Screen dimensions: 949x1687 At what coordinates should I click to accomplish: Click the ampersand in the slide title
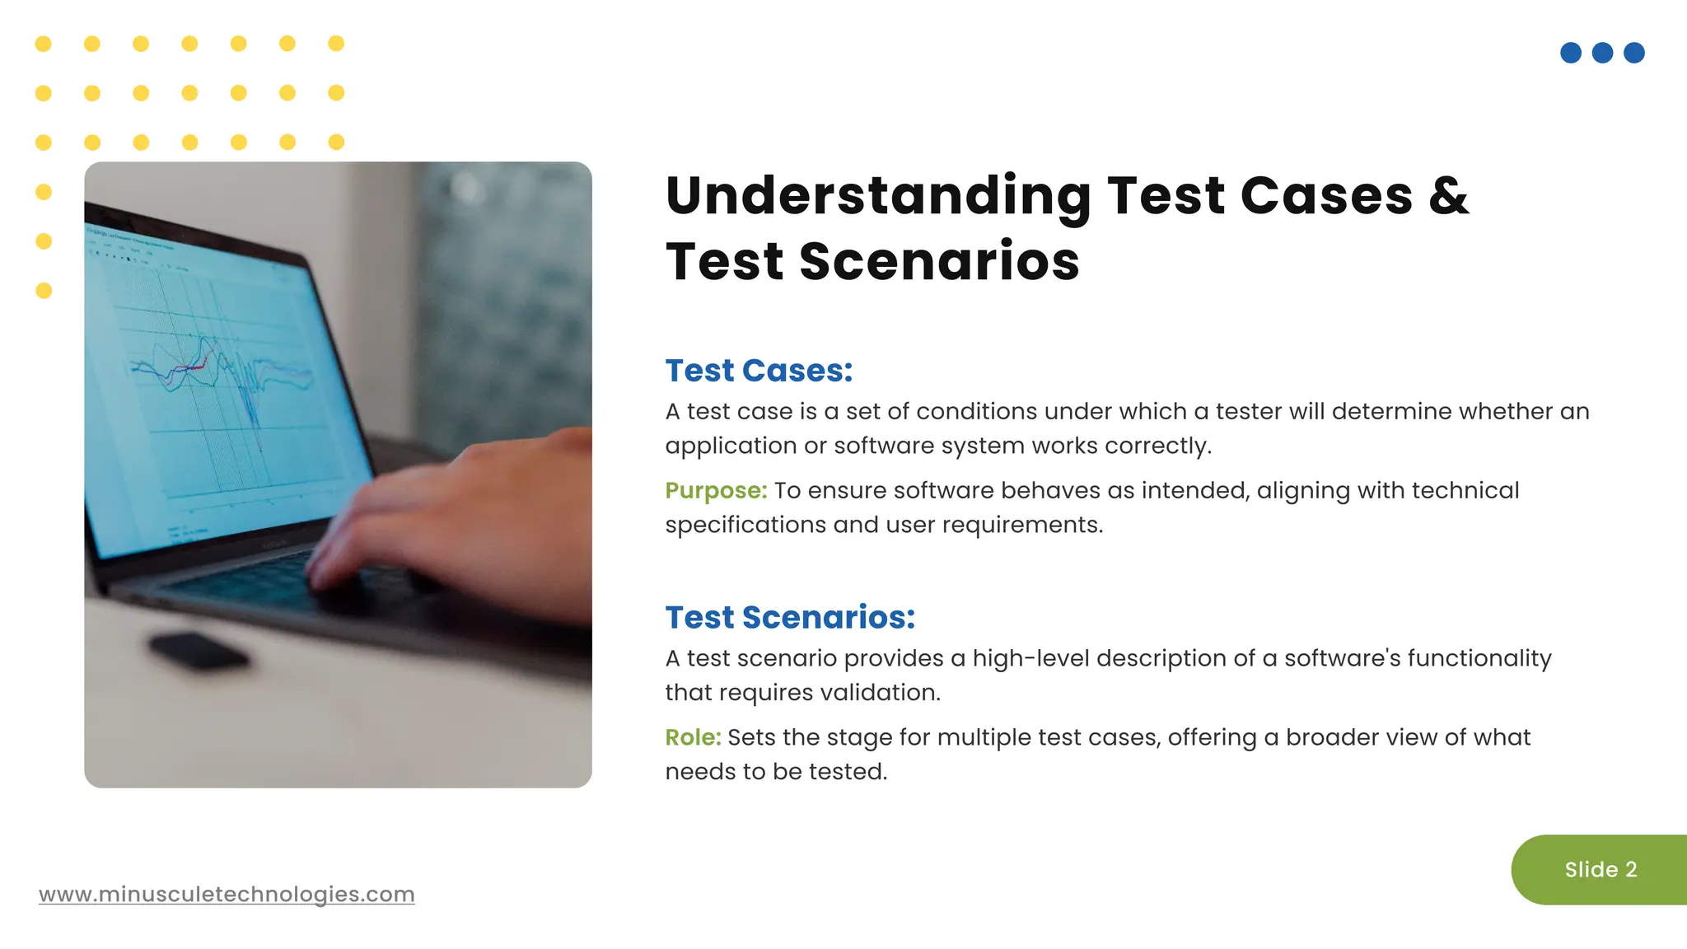tap(1448, 196)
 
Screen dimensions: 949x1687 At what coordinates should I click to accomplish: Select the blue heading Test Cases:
tap(759, 371)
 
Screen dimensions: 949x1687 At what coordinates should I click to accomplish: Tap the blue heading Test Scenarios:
tap(790, 617)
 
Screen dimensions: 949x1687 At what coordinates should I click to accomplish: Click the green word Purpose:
tap(716, 490)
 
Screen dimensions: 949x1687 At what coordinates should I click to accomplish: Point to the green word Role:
tap(693, 737)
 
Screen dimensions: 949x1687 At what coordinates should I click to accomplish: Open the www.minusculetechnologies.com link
tap(227, 894)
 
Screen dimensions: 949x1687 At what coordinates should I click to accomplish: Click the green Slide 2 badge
tap(1600, 870)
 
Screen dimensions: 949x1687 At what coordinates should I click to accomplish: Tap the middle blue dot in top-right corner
tap(1602, 53)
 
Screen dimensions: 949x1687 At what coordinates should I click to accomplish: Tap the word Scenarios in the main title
tap(938, 262)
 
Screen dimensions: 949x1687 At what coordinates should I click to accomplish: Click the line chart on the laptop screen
tap(222, 379)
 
